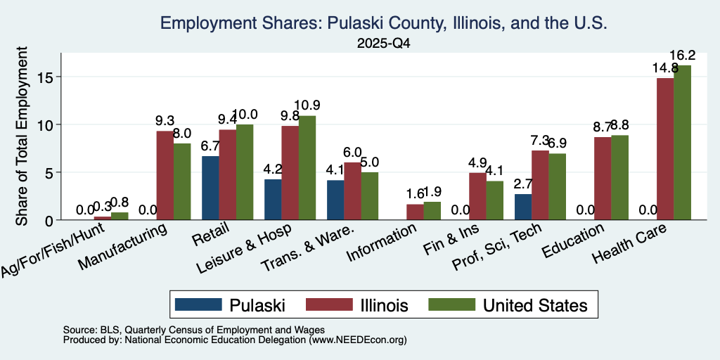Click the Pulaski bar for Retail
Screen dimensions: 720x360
(210, 188)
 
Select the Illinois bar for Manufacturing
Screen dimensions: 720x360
(165, 175)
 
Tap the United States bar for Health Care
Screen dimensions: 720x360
(682, 142)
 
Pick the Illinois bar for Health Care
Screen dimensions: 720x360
(665, 149)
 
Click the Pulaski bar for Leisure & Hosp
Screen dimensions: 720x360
(273, 200)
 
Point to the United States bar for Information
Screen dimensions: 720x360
(432, 211)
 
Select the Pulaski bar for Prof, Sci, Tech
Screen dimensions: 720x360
(523, 207)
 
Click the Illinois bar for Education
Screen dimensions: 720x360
(603, 178)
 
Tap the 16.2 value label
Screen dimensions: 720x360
(682, 56)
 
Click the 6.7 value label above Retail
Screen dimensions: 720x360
(210, 146)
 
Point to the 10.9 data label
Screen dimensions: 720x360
(307, 105)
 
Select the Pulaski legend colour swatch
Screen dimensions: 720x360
(198, 304)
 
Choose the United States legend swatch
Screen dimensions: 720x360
(452, 304)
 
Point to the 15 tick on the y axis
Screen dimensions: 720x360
(46, 77)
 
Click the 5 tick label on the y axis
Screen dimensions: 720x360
(51, 172)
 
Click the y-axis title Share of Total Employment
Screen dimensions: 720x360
(22, 136)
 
